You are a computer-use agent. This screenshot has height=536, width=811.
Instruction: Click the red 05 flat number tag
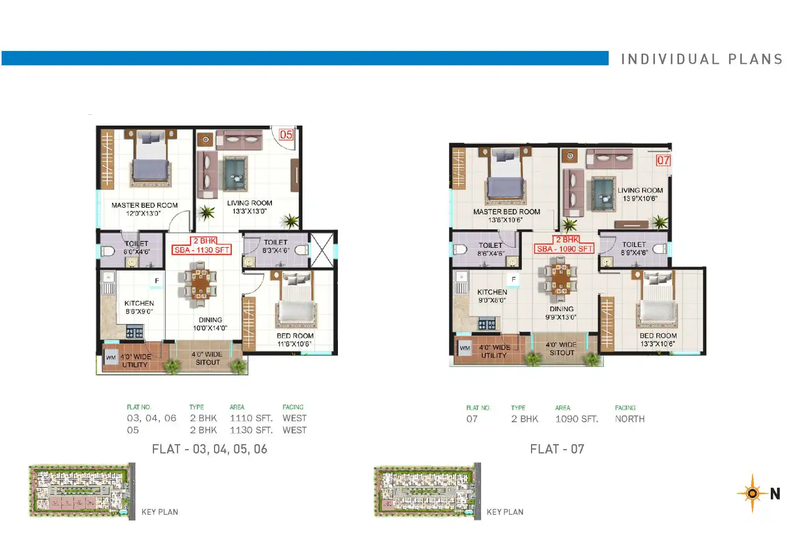coord(286,135)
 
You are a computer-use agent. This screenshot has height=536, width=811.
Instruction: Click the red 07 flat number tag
coord(663,160)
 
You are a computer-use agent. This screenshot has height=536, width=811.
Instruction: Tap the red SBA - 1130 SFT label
coord(202,250)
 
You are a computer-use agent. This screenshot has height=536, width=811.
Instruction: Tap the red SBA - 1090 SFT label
coord(564,249)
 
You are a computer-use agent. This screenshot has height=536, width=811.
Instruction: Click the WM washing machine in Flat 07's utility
coord(465,348)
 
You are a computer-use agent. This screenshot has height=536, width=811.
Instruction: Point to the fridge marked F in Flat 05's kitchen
coord(157,281)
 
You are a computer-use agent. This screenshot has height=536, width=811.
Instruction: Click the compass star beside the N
coord(753,493)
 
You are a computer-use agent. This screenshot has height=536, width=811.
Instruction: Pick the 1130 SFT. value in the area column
coord(251,430)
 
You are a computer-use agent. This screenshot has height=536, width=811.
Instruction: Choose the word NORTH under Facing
coord(630,419)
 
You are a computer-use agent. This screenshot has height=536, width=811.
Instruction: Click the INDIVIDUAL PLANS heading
coord(702,59)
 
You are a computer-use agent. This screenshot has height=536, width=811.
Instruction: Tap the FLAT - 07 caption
coord(557,449)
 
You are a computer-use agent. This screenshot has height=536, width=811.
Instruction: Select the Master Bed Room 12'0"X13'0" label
coord(144,209)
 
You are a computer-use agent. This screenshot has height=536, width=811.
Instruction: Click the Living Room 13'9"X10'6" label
coord(640,194)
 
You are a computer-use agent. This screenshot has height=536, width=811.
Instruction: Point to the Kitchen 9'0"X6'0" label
coord(492,296)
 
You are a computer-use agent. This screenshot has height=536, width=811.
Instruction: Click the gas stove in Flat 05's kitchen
coord(135,332)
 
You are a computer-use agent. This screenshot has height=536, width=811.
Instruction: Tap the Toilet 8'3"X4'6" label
coord(276,246)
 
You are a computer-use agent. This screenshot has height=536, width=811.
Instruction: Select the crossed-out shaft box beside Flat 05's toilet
coord(322,250)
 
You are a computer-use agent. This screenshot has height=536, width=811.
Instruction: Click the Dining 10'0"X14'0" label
coord(210,324)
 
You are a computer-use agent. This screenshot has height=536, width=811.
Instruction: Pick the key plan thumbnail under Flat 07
coord(427,491)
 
